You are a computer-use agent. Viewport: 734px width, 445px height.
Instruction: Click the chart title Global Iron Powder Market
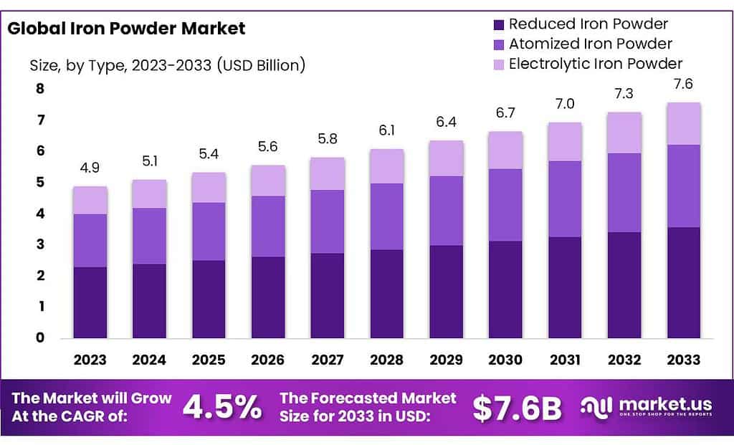pyautogui.click(x=125, y=29)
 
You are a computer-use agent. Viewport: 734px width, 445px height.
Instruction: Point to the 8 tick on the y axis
pyautogui.click(x=39, y=90)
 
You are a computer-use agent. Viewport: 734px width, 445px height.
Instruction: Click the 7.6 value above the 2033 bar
pyautogui.click(x=684, y=84)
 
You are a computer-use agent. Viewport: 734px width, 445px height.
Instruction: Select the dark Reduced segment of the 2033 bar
pyautogui.click(x=684, y=282)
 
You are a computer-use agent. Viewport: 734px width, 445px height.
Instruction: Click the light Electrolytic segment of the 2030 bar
pyautogui.click(x=505, y=150)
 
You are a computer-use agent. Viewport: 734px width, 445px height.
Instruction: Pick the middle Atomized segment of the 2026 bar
pyautogui.click(x=268, y=226)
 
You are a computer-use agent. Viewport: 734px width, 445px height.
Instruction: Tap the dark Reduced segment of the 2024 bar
pyautogui.click(x=149, y=301)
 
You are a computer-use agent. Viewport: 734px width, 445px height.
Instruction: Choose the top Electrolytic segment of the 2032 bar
pyautogui.click(x=624, y=133)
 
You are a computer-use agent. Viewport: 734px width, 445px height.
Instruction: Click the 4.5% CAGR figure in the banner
pyautogui.click(x=222, y=407)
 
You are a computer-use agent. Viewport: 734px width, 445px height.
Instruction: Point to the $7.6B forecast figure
pyautogui.click(x=517, y=407)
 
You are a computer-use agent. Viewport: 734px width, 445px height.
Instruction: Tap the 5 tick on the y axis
pyautogui.click(x=39, y=183)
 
